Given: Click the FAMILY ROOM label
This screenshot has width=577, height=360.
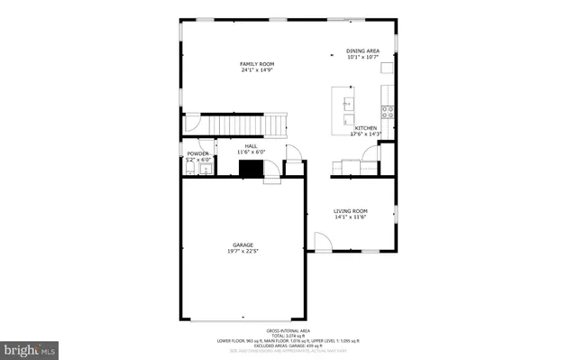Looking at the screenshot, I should coord(257,64).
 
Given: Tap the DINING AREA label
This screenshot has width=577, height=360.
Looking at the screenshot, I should coord(362,51).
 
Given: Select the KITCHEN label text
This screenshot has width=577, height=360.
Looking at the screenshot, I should coord(365,128).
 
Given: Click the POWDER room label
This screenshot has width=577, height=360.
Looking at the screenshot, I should coord(198,153).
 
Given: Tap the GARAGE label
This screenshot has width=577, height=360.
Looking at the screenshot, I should coord(243,245).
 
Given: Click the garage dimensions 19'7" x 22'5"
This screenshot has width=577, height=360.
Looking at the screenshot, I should coord(243,252).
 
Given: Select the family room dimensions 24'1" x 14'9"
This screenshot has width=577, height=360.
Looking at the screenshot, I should coord(257,71).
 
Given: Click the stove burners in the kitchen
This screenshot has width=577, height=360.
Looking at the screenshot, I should coord(389,112).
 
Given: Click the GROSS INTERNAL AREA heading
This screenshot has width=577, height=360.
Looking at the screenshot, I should coord(288,331).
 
